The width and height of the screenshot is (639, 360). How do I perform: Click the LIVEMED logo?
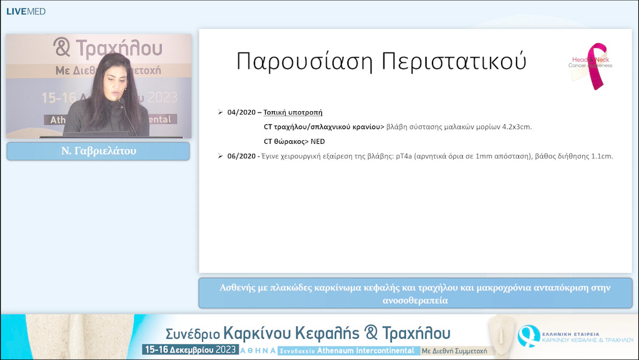click(x=25, y=11)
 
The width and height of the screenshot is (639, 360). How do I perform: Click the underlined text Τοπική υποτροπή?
click(x=293, y=112)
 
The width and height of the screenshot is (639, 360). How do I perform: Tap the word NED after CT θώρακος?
click(x=317, y=142)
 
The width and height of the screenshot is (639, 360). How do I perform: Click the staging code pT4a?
click(x=405, y=156)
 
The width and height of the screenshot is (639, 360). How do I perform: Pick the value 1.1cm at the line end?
click(x=601, y=156)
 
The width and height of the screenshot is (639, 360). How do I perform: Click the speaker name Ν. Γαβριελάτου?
click(x=98, y=151)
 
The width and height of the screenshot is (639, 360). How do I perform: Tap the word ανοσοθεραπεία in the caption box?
click(x=415, y=300)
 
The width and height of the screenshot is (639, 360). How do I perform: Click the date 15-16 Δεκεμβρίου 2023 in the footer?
click(x=190, y=349)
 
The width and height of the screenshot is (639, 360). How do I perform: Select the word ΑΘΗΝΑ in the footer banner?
click(x=258, y=350)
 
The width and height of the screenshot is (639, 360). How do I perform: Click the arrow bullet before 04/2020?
click(x=221, y=112)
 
